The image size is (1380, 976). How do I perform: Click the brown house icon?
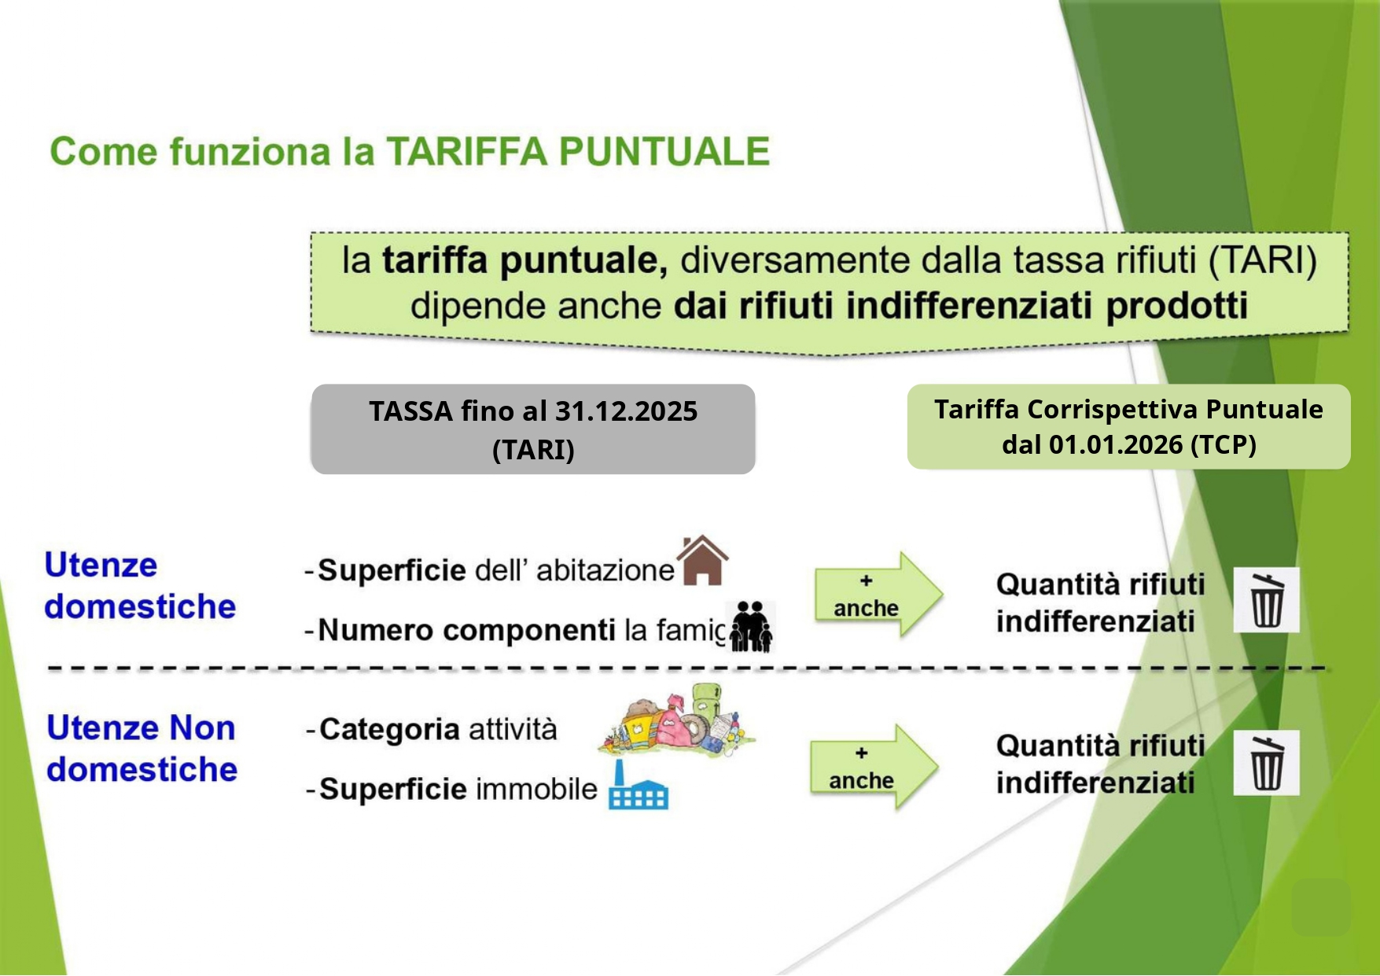tap(702, 560)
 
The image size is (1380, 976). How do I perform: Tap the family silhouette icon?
tap(751, 627)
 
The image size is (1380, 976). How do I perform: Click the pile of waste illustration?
tap(677, 721)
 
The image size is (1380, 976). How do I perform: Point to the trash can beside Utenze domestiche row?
tap(1266, 600)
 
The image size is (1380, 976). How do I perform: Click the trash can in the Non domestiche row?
tap(1266, 763)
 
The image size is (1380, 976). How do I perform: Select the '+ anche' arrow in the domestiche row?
tap(878, 594)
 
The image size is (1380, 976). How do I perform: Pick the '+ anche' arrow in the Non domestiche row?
tap(874, 766)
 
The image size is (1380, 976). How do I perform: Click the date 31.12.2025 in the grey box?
tap(627, 411)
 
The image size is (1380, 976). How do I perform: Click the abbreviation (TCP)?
tap(1224, 445)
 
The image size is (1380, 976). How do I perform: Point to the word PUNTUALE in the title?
tap(664, 152)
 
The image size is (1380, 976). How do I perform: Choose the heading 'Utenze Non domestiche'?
tap(142, 749)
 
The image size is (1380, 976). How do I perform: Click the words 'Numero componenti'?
tap(467, 631)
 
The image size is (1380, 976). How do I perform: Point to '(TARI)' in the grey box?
tap(533, 451)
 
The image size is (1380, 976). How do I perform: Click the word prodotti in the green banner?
tap(1177, 306)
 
